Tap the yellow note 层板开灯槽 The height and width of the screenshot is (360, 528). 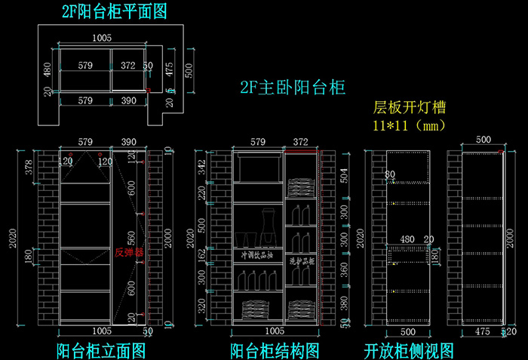coord(410,107)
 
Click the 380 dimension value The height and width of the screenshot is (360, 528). coord(344,302)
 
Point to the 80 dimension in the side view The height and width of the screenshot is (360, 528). coord(390,175)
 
